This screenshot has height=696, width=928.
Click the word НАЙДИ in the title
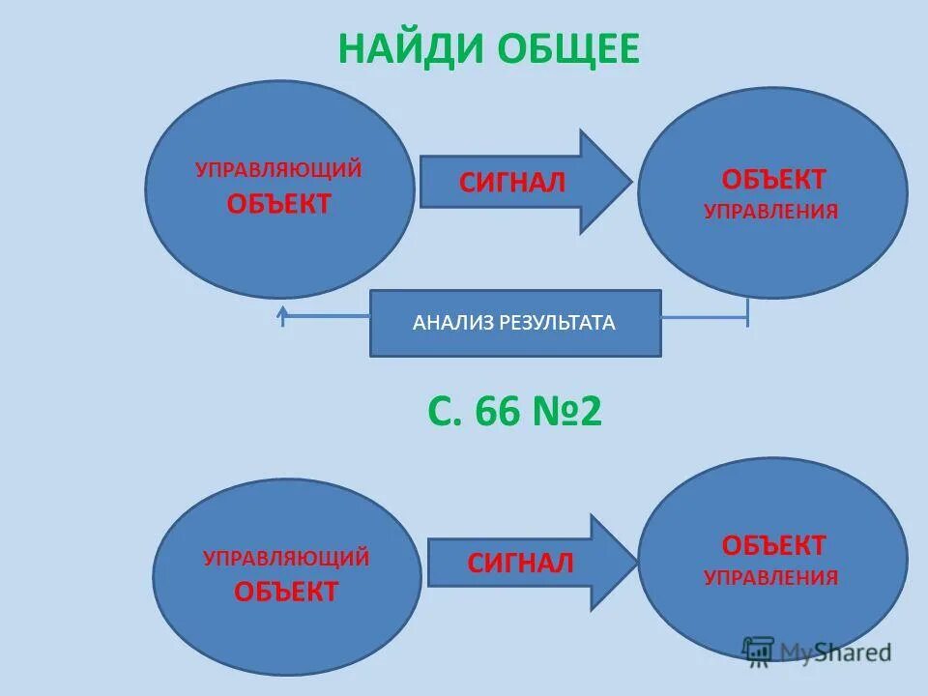[412, 48]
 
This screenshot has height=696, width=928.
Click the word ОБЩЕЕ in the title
[569, 48]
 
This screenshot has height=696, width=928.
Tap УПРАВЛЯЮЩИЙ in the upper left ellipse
[278, 170]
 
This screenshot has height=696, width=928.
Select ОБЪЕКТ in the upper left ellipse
[278, 204]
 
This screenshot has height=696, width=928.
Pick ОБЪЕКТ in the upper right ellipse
[773, 179]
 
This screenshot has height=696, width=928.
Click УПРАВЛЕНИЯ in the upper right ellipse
[770, 211]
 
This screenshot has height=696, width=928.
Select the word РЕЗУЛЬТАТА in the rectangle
[557, 323]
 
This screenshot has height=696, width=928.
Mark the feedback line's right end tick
[747, 313]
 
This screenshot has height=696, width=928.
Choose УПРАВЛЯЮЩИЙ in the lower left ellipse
[286, 558]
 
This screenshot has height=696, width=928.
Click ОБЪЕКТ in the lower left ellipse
[286, 591]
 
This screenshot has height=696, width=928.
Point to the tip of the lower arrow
[637, 563]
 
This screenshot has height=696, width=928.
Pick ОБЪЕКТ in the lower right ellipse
[773, 545]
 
